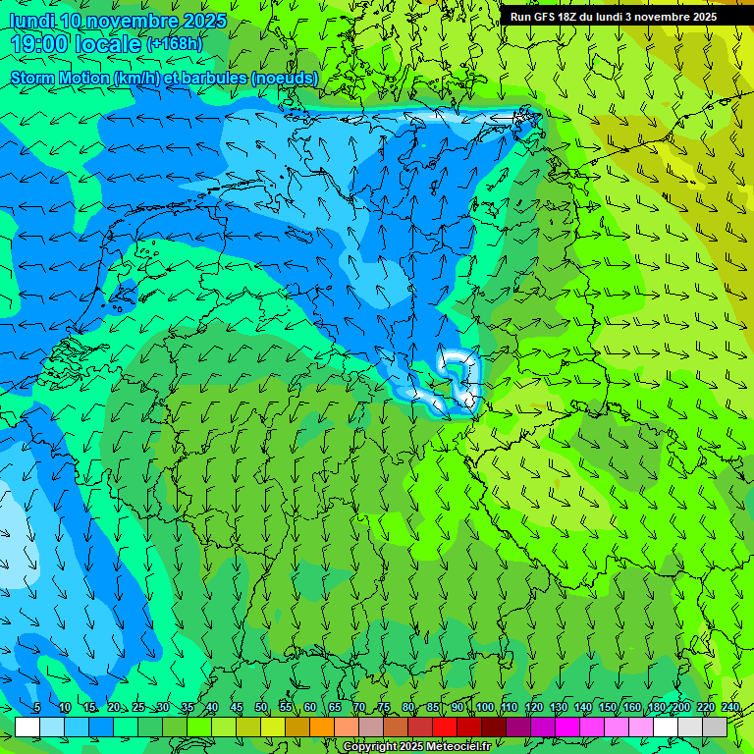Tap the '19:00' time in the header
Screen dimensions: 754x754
pos(39,44)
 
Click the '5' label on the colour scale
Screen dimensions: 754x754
pos(36,708)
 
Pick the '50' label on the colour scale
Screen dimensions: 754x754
pos(260,708)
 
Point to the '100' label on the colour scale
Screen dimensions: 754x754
pos(484,708)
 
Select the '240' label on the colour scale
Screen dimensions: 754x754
pos(729,708)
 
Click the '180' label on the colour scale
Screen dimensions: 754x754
pos(656,708)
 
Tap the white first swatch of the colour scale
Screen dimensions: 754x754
pos(27,727)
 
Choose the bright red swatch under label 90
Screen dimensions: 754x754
pos(445,727)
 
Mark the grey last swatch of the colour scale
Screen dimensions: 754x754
pos(715,727)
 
